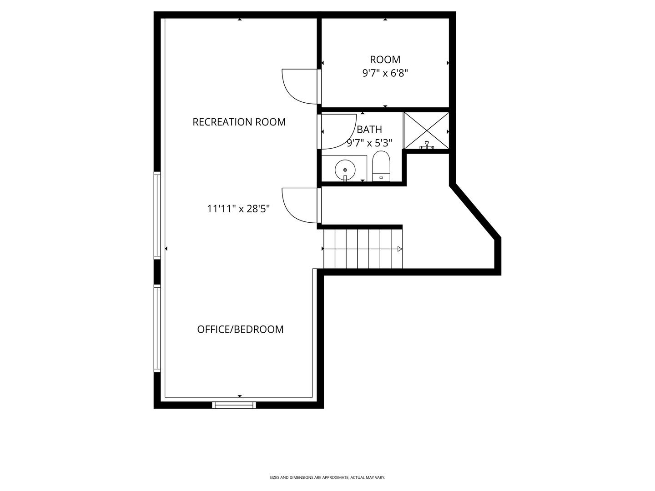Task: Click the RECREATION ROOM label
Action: click(239, 122)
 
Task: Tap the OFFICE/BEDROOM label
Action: click(240, 329)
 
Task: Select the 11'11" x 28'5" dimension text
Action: click(238, 209)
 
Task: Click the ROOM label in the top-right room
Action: click(385, 60)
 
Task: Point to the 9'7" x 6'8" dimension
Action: click(385, 73)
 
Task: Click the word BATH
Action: click(369, 130)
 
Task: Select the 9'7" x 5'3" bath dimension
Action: click(369, 143)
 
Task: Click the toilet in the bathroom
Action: click(381, 166)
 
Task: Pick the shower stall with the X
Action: click(426, 130)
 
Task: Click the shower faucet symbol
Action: click(427, 145)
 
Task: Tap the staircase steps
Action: click(363, 249)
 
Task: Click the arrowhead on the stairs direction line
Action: click(400, 249)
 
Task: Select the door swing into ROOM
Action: click(299, 86)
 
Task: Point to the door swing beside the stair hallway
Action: click(299, 205)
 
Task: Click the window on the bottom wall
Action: click(234, 405)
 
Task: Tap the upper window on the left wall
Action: click(157, 215)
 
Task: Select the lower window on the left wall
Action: click(157, 328)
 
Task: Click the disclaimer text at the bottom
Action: click(327, 478)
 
